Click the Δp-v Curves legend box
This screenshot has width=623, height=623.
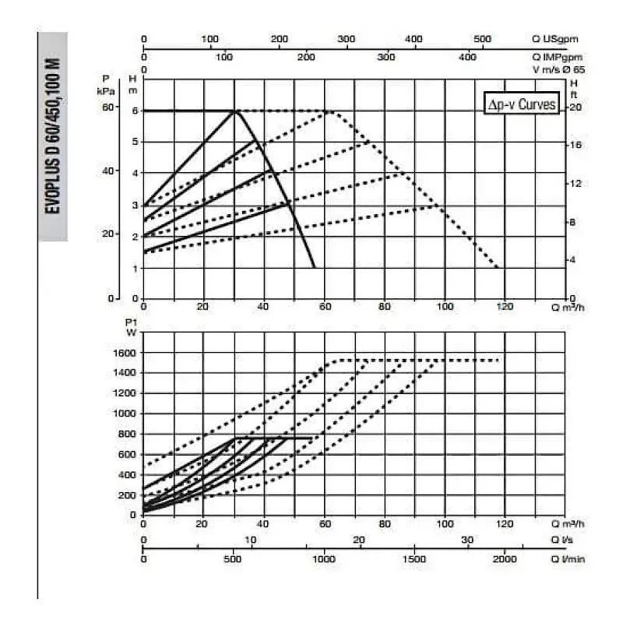521,104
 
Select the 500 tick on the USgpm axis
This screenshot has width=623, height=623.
482,39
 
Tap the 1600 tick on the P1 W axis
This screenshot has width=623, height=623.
125,353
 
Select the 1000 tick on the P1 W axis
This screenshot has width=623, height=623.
125,414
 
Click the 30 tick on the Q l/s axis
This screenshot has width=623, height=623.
467,540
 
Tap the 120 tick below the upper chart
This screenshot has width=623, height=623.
505,306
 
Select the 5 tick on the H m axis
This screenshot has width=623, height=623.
134,142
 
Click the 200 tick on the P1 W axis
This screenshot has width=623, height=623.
128,495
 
